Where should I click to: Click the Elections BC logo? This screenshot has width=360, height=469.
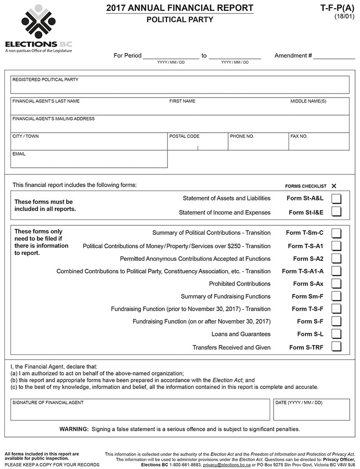click(38, 29)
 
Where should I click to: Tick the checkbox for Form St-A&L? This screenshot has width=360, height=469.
click(336, 199)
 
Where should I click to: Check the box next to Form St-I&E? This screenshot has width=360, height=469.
click(336, 212)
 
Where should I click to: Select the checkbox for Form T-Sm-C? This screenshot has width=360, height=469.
click(336, 233)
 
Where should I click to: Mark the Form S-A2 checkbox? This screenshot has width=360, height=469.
click(336, 259)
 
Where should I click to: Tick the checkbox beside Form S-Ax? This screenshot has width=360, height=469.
click(336, 284)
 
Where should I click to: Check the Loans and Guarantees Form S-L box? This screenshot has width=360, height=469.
click(336, 334)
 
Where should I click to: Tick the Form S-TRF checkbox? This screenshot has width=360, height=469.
click(336, 347)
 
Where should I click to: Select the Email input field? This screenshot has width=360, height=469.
click(89, 161)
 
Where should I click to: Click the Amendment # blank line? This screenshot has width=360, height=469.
click(334, 56)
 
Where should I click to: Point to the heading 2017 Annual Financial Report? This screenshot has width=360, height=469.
click(180, 8)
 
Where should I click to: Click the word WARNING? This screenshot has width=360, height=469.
click(74, 429)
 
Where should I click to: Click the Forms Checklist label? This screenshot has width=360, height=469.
click(306, 186)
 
